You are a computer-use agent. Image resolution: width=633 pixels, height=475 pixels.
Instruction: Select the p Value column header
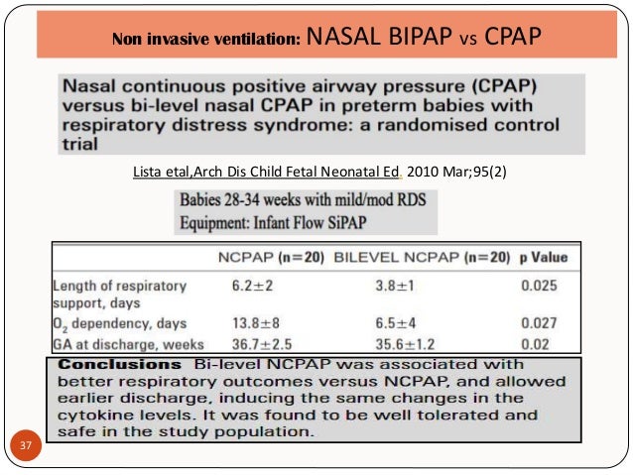pos(543,258)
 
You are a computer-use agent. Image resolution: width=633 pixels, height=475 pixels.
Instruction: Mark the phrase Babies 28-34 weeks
pos(240,201)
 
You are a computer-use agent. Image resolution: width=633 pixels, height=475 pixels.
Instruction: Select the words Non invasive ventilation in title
pos(205,41)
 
